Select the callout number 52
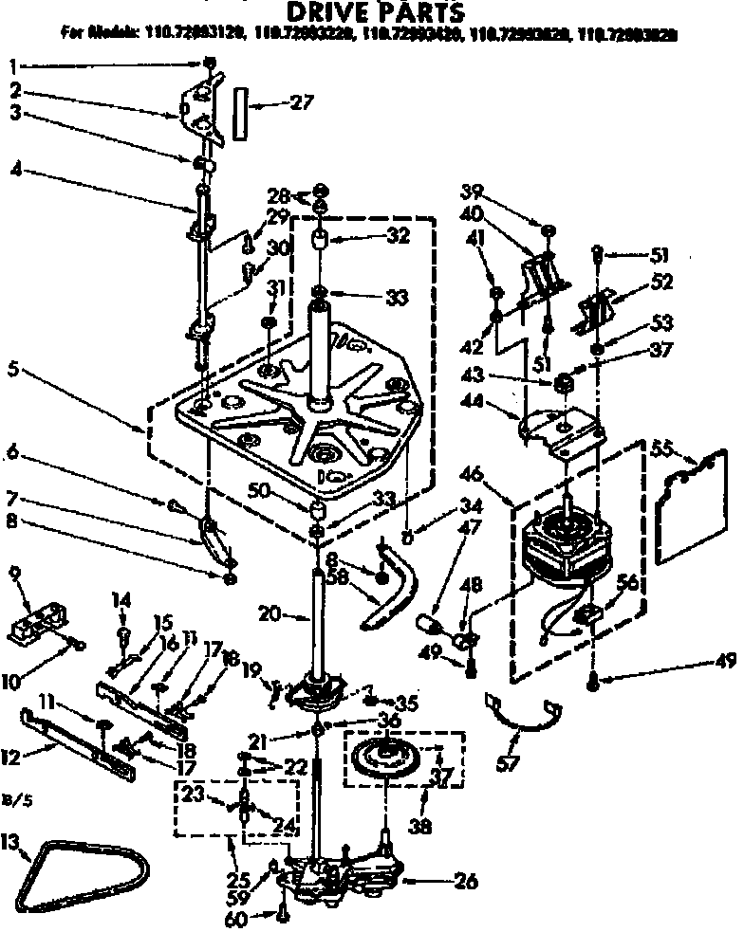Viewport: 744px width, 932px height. click(660, 281)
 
